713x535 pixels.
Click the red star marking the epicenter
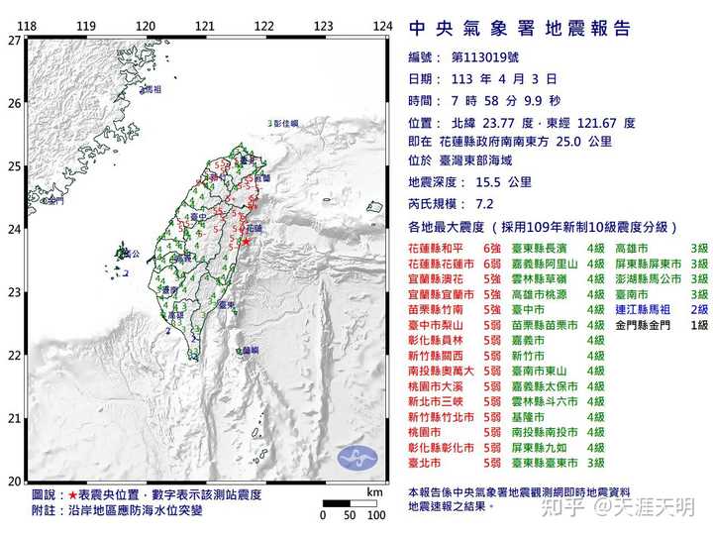click(x=244, y=240)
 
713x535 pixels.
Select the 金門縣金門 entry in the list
click(x=643, y=324)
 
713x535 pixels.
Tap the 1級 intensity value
click(x=699, y=324)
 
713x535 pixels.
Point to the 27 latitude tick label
click(x=12, y=41)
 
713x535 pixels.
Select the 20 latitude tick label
click(x=12, y=481)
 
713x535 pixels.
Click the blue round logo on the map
click(x=357, y=458)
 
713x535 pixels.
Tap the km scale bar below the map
click(x=349, y=503)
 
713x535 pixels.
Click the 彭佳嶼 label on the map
click(x=284, y=124)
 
